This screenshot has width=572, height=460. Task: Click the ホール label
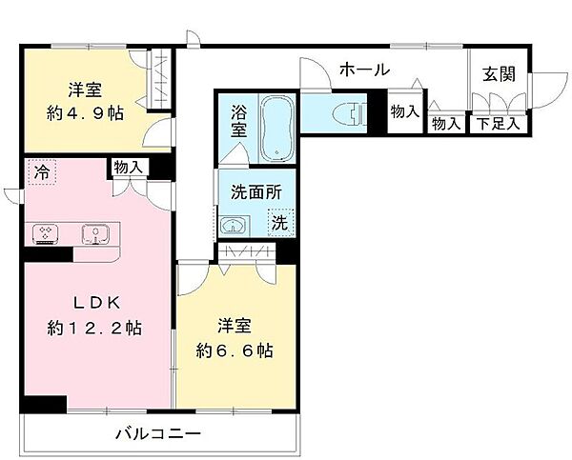click(x=363, y=69)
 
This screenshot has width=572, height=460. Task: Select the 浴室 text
click(x=239, y=120)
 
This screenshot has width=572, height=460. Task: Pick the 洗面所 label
click(x=256, y=190)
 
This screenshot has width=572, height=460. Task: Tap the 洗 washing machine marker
click(x=281, y=224)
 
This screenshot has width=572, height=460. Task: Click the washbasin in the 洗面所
click(x=232, y=226)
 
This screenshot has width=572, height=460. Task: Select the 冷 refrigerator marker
click(x=41, y=172)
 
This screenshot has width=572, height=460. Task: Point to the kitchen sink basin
click(x=92, y=232)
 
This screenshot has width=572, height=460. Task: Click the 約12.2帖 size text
click(x=94, y=329)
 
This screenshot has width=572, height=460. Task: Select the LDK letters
click(x=92, y=304)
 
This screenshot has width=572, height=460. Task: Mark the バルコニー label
click(x=158, y=434)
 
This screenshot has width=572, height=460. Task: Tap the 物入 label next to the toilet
click(x=404, y=111)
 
